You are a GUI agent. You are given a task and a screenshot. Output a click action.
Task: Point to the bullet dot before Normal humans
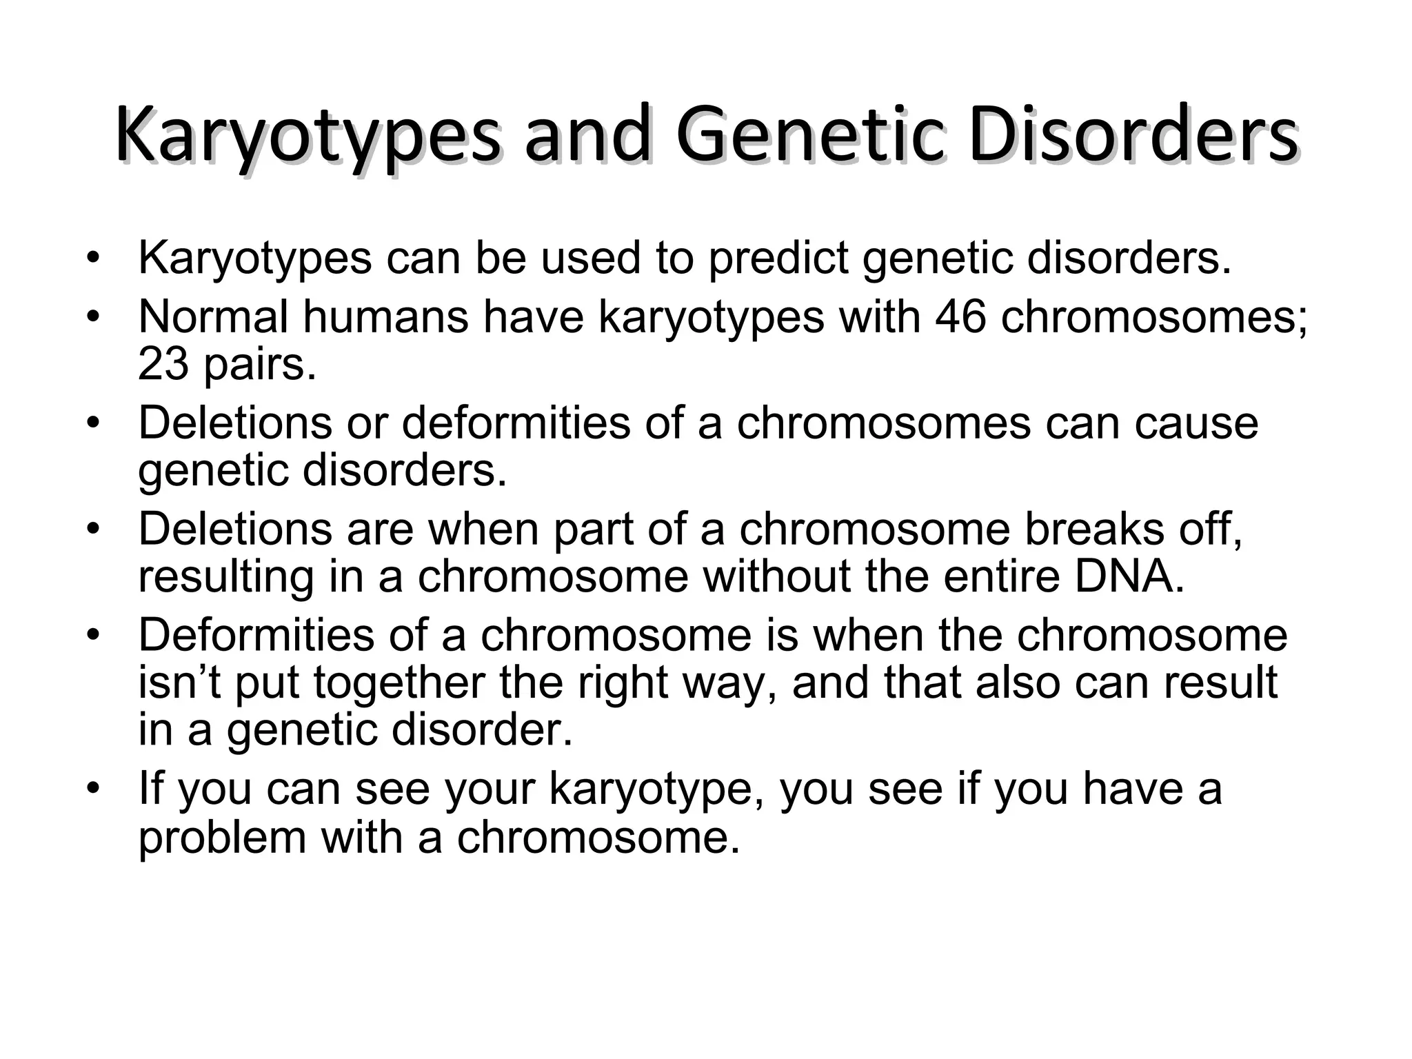(94, 318)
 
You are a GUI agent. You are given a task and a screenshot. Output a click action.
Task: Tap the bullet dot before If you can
(94, 789)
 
